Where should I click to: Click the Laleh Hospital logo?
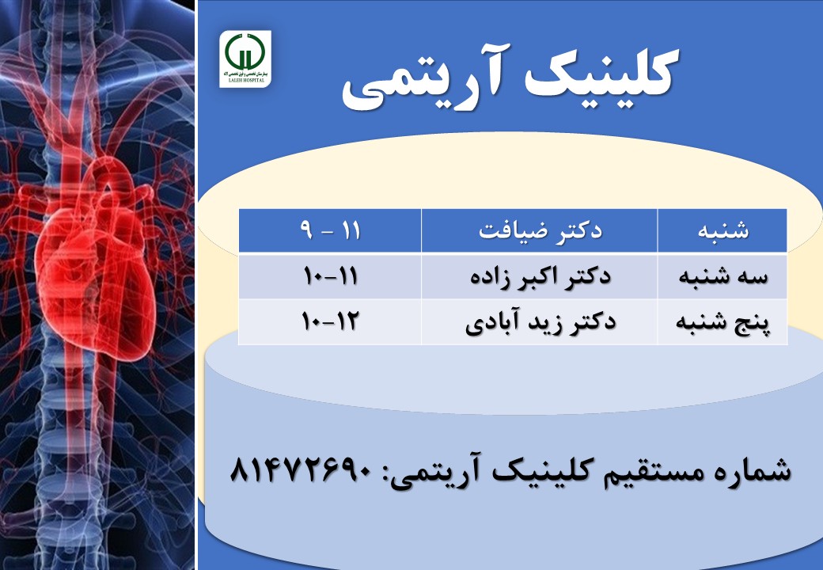click(x=245, y=59)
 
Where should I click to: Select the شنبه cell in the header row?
click(x=722, y=230)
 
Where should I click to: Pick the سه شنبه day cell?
click(x=722, y=276)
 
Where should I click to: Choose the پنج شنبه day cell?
click(x=722, y=321)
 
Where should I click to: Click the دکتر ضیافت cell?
click(x=540, y=230)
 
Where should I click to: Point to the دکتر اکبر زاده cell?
click(x=540, y=276)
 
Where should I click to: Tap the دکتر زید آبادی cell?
click(x=540, y=321)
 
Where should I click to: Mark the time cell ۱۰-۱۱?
click(x=330, y=275)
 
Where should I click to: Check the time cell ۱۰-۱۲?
click(x=330, y=321)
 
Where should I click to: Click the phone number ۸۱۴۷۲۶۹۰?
click(x=301, y=469)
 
